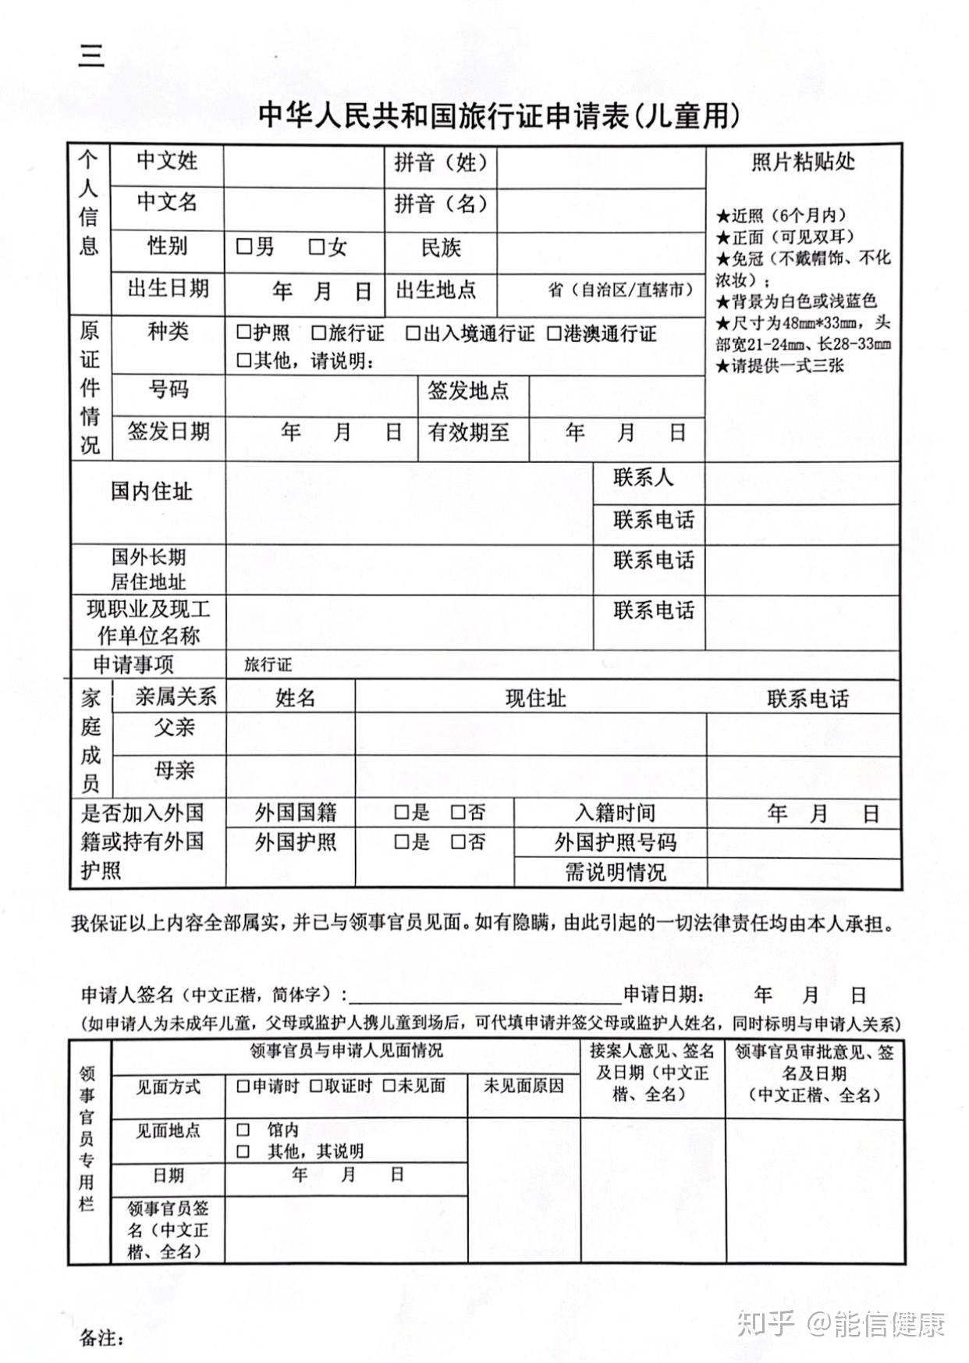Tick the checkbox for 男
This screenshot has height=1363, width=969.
244,247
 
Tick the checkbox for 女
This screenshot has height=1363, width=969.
316,247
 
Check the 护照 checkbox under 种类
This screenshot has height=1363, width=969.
243,333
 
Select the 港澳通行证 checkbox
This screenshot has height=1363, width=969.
554,334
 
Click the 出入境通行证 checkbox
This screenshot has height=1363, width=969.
413,334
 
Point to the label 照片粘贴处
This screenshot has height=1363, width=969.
803,162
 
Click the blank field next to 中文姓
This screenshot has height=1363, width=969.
303,165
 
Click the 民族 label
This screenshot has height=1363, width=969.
441,248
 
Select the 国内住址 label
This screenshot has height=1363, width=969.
151,491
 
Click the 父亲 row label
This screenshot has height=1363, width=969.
174,728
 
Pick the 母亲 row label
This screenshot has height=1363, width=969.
174,770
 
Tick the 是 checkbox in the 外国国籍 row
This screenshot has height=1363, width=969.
401,813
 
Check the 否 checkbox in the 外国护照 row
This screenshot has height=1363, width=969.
458,842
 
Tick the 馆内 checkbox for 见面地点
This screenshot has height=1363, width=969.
243,1130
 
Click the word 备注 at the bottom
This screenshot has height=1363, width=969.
101,1338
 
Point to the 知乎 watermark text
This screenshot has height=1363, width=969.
765,1325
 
